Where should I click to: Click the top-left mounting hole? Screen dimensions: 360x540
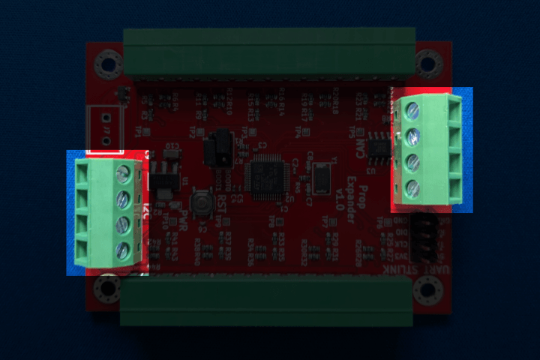point(108,64)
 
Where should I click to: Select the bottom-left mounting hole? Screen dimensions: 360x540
point(108,288)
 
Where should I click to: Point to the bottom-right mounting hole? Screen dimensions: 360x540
point(427,289)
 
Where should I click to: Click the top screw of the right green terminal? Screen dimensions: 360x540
point(412,111)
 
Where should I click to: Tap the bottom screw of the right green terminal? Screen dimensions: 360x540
point(412,188)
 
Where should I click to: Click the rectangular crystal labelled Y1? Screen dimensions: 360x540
point(322,178)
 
